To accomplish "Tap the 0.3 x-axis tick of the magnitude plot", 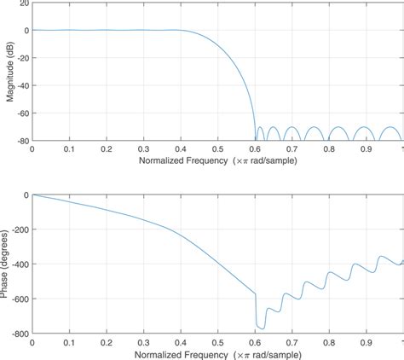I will point(143,148).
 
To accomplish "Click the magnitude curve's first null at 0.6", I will point(255,139).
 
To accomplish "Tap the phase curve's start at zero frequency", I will point(32,195).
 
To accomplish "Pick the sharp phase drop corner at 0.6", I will point(255,294).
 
